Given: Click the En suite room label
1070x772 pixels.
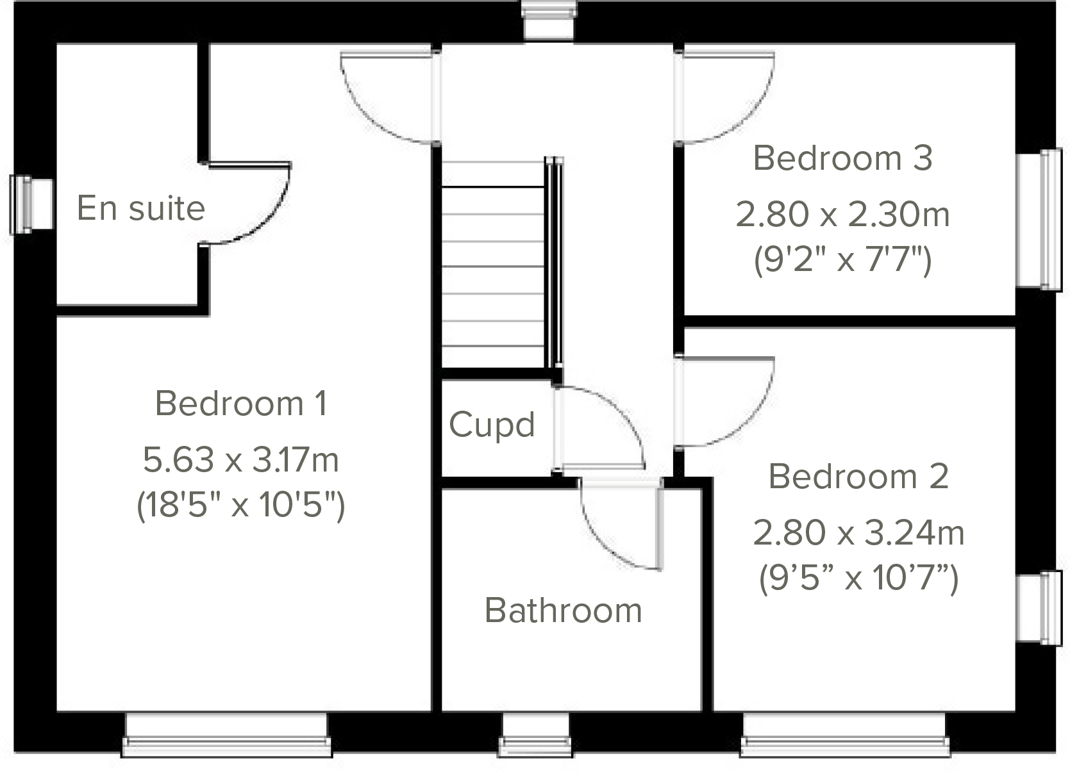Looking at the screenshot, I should point(141,208).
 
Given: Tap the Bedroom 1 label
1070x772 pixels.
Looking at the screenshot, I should point(241,404).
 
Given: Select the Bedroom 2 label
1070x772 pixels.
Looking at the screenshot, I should point(858,477).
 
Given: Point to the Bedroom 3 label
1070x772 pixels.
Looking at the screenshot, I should point(842,158).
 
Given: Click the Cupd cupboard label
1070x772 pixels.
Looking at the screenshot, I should point(492,425).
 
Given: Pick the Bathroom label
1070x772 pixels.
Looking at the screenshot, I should point(564,611).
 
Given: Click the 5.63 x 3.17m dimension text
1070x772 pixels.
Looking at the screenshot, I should point(241,460).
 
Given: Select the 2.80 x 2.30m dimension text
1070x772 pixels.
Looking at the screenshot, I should point(842,215).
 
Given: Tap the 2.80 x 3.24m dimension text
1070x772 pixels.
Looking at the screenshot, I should point(858,533).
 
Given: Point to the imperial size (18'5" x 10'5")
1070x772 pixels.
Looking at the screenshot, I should point(241,505).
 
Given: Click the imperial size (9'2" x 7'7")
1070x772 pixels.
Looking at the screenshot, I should point(842,260).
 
